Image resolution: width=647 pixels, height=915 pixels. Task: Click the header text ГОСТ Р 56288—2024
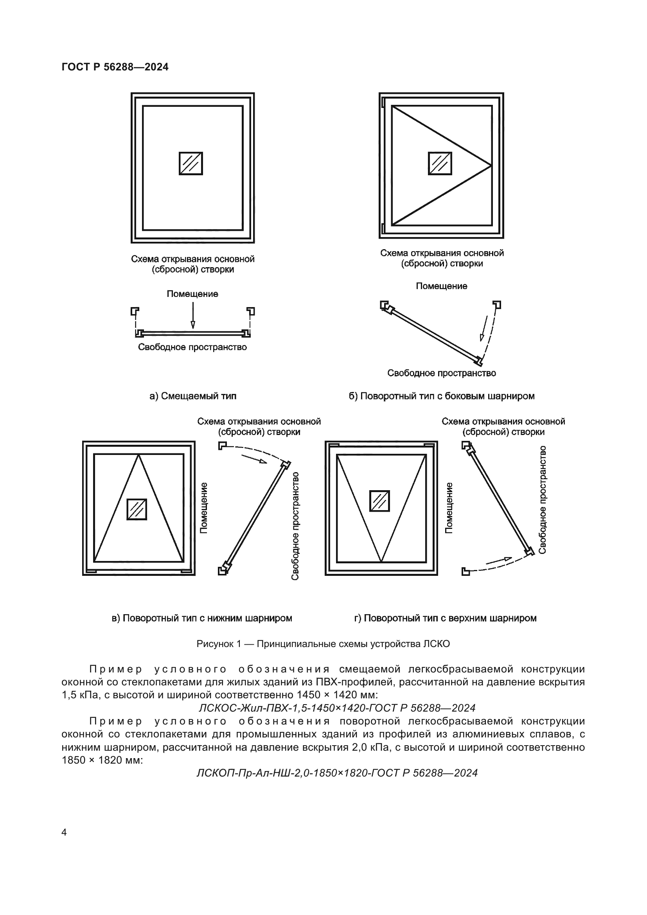[x=115, y=67]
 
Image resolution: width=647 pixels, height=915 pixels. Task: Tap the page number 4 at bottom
[x=64, y=832]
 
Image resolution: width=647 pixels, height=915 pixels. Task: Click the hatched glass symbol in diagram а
[x=191, y=164]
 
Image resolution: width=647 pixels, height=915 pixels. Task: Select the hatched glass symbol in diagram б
[x=440, y=164]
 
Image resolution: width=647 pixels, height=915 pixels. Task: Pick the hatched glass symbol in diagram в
[x=137, y=509]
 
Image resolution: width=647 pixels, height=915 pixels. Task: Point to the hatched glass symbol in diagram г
[x=379, y=501]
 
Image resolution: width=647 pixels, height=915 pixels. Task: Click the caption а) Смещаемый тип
[x=193, y=396]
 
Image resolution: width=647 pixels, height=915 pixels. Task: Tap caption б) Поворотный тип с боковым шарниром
[x=441, y=396]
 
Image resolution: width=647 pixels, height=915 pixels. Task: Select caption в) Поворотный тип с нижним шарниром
[x=202, y=618]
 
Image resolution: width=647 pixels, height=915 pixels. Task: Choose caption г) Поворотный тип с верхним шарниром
[x=445, y=618]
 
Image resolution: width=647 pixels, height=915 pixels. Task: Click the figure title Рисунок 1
[x=323, y=644]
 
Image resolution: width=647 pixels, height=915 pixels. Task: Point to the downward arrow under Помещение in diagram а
[x=193, y=316]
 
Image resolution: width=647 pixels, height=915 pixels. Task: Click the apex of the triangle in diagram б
[x=491, y=165]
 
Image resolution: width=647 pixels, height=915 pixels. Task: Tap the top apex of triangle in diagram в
[x=138, y=455]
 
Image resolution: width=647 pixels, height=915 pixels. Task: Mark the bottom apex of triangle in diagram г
[x=381, y=561]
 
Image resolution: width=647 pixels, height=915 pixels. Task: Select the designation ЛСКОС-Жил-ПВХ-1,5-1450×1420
[x=337, y=708]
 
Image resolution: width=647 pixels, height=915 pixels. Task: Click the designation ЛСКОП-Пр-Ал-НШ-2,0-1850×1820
[x=337, y=773]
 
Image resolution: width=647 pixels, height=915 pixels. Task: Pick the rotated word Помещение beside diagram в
[x=203, y=508]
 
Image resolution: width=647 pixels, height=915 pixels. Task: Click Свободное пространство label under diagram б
[x=441, y=373]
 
